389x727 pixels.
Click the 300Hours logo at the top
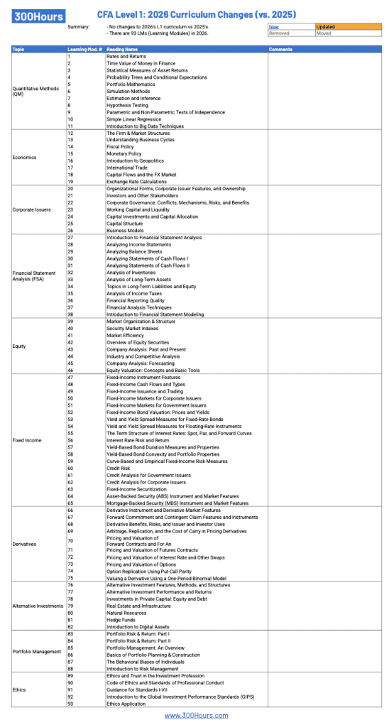pos(38,16)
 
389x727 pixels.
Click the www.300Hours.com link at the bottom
pos(194,715)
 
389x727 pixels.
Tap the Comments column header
pos(281,49)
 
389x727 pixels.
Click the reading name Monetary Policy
pos(124,154)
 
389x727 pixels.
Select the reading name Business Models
pos(125,230)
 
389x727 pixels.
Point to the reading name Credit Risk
pos(119,468)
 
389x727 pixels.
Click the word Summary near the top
pos(79,27)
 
